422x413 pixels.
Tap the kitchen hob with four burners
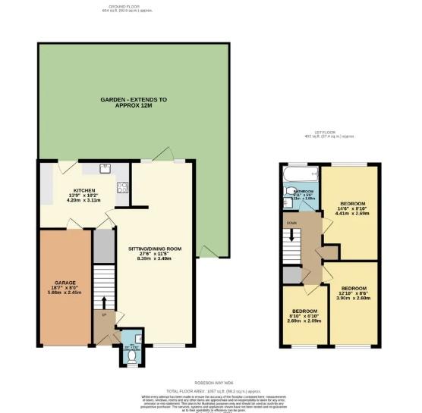(x=121, y=186)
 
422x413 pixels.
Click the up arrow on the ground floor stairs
(x=105, y=314)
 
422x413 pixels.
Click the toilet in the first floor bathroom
(x=285, y=196)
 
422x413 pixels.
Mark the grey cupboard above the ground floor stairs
(x=102, y=244)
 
